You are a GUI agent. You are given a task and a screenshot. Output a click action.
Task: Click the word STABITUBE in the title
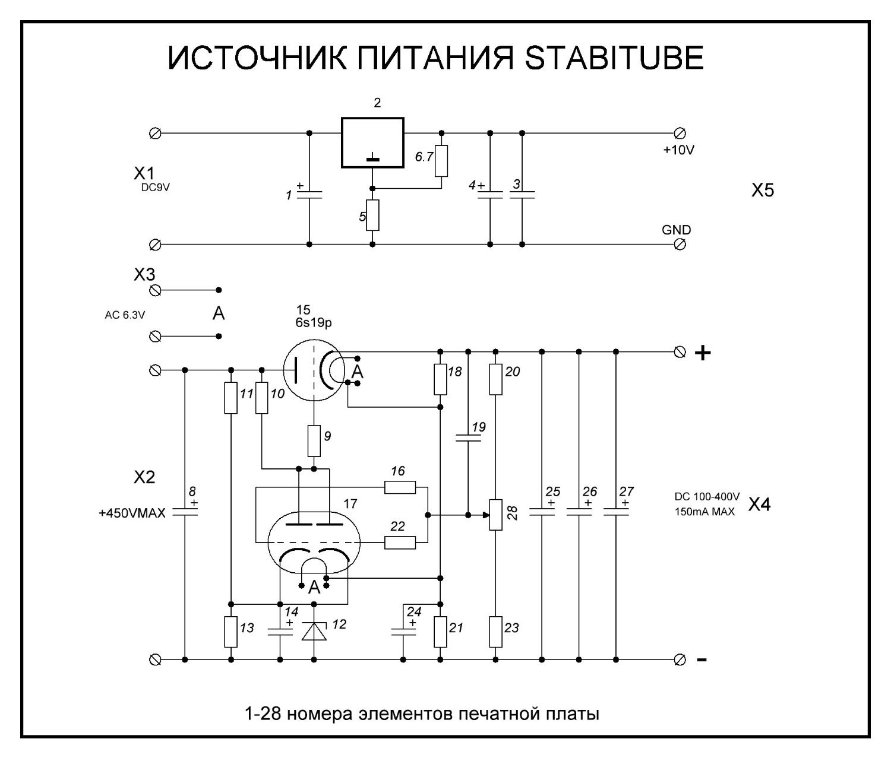614,58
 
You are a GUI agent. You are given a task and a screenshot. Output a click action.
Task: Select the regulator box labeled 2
372,142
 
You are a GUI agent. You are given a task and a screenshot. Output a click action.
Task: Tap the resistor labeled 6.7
441,161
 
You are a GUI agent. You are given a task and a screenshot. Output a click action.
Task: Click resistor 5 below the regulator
372,215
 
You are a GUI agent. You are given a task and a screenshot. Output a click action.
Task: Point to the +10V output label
679,150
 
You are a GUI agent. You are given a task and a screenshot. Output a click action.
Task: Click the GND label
677,230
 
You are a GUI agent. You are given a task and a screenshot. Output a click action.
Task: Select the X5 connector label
763,190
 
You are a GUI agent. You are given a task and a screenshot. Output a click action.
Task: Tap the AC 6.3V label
125,315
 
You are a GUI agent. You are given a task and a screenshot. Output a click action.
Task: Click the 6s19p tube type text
314,322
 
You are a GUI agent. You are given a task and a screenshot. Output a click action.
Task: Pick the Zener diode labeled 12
314,630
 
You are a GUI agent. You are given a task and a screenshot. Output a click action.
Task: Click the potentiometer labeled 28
496,515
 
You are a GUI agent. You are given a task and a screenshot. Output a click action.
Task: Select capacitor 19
468,438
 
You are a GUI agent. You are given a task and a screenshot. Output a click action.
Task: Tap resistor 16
400,487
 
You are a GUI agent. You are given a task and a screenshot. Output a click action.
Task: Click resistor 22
400,543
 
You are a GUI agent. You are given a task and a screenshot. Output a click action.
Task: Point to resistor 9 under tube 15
314,440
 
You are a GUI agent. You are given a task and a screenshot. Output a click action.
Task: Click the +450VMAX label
132,513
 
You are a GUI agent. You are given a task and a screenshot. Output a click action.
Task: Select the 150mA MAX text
704,512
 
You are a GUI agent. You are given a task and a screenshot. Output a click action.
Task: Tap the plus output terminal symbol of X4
703,353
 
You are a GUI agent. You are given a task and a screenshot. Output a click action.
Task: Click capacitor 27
616,512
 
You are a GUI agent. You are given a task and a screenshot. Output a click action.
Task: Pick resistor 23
496,632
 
